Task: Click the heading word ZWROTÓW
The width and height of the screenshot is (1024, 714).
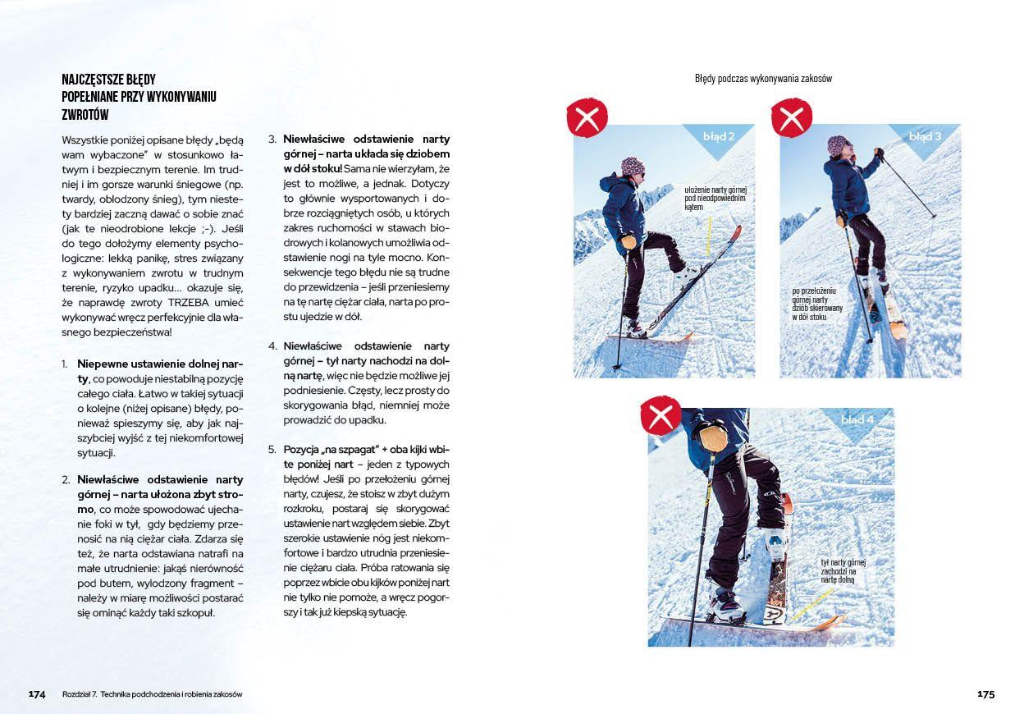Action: pyautogui.click(x=85, y=115)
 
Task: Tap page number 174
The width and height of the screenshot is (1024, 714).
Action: pyautogui.click(x=37, y=694)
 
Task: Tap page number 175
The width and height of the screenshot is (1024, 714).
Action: pyautogui.click(x=985, y=694)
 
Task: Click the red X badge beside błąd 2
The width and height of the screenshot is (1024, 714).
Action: pyautogui.click(x=587, y=118)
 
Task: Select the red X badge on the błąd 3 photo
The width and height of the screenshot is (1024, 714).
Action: pyautogui.click(x=791, y=118)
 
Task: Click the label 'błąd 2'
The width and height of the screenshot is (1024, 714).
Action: pyautogui.click(x=719, y=135)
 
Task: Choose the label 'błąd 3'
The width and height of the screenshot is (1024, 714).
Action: pyautogui.click(x=925, y=135)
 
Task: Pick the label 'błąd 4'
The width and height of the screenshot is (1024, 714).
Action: pyautogui.click(x=857, y=419)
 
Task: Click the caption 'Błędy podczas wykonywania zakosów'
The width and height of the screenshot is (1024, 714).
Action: pyautogui.click(x=763, y=79)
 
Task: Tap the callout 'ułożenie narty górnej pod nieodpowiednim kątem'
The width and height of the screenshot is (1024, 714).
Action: pyautogui.click(x=715, y=198)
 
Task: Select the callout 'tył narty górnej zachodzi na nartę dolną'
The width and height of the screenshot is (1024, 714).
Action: pyautogui.click(x=843, y=570)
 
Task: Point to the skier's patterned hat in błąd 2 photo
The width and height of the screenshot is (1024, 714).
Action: pyautogui.click(x=633, y=165)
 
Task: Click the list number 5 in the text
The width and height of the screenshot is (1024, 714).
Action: pyautogui.click(x=272, y=450)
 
